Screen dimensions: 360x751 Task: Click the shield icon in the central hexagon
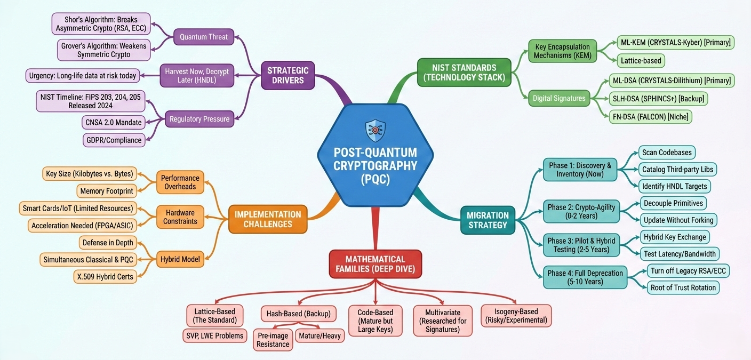click(375, 130)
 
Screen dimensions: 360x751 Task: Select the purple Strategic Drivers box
click(289, 75)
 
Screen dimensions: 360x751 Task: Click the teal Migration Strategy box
click(488, 220)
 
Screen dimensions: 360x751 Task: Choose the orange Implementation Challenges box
click(268, 219)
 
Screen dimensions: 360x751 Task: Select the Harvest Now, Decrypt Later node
click(197, 75)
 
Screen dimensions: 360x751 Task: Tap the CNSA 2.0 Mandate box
click(114, 122)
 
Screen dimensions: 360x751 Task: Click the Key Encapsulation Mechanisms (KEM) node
click(562, 52)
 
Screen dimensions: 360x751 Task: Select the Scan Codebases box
click(667, 153)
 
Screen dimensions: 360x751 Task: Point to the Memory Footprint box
click(106, 190)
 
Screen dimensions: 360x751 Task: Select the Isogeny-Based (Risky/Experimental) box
click(516, 316)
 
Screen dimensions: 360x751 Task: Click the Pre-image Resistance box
click(273, 340)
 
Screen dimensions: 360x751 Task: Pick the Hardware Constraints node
click(180, 217)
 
